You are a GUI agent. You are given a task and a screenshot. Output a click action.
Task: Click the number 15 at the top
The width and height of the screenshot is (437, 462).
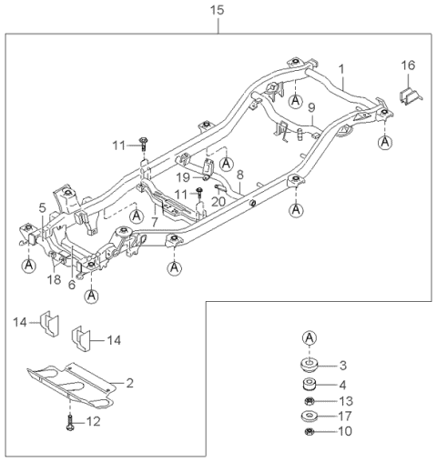(216, 10)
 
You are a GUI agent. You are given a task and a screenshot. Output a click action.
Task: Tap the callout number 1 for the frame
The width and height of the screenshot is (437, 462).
(341, 69)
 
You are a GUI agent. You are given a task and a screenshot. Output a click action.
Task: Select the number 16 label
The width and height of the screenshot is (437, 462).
(409, 66)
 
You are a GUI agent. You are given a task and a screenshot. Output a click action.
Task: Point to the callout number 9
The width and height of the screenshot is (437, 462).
(311, 107)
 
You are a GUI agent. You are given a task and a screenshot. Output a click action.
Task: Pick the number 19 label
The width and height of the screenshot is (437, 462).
(182, 176)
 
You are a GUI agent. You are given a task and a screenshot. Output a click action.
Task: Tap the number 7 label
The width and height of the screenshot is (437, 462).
(156, 221)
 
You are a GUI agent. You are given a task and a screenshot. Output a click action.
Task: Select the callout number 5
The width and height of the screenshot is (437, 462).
(42, 207)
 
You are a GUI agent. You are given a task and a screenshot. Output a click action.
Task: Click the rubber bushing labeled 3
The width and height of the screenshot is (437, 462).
(310, 367)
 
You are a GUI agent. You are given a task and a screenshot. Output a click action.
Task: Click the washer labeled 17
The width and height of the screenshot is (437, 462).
(310, 417)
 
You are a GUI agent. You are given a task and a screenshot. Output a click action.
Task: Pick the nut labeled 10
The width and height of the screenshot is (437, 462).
(310, 433)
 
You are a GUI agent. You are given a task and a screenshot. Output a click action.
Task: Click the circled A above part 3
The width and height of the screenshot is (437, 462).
(310, 338)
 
